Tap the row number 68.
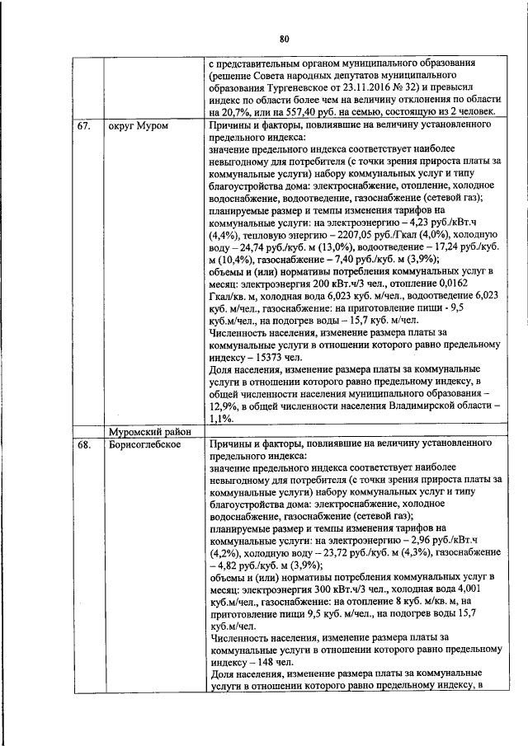point(84,446)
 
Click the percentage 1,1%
point(220,419)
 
